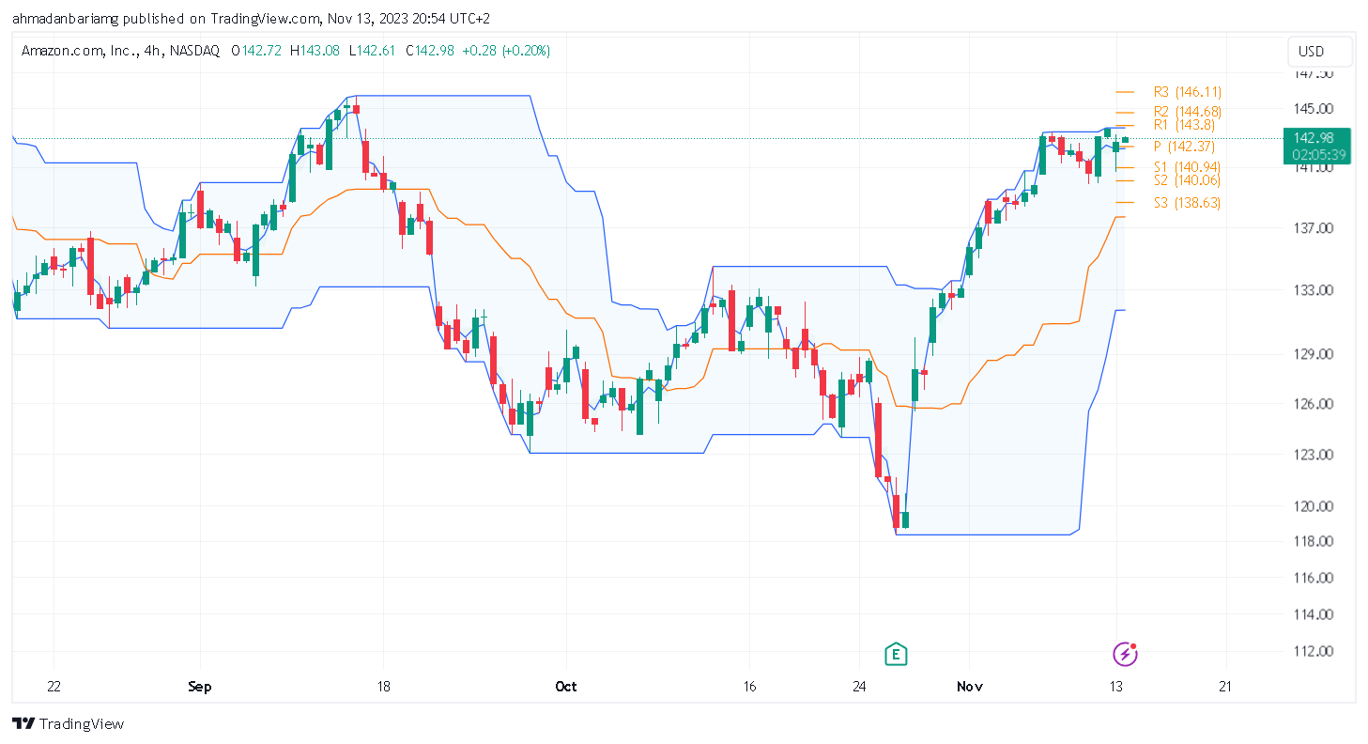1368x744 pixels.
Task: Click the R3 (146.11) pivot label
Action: pyautogui.click(x=1187, y=92)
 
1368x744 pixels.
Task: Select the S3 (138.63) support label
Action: pyautogui.click(x=1187, y=203)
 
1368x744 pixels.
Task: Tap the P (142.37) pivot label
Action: pyautogui.click(x=1184, y=147)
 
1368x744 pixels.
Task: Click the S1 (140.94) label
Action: pyautogui.click(x=1187, y=167)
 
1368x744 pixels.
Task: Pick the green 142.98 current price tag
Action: pyautogui.click(x=1318, y=146)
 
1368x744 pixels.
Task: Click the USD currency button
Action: pyautogui.click(x=1311, y=52)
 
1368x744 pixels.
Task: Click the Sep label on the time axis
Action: pyautogui.click(x=199, y=687)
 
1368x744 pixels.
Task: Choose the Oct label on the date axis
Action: pyautogui.click(x=566, y=687)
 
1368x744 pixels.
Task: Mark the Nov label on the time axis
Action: pyautogui.click(x=970, y=687)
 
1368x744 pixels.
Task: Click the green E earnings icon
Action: pyautogui.click(x=897, y=654)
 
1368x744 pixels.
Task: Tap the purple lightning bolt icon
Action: pyautogui.click(x=1124, y=654)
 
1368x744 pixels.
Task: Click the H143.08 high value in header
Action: pyautogui.click(x=315, y=50)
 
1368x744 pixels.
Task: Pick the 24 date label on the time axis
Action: pyautogui.click(x=859, y=687)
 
